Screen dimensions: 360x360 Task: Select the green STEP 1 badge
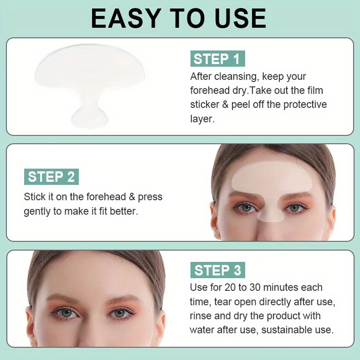(217, 59)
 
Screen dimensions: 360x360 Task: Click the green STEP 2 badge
(51, 177)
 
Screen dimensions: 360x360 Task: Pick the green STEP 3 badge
(217, 270)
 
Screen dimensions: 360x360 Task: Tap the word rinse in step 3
(201, 316)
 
